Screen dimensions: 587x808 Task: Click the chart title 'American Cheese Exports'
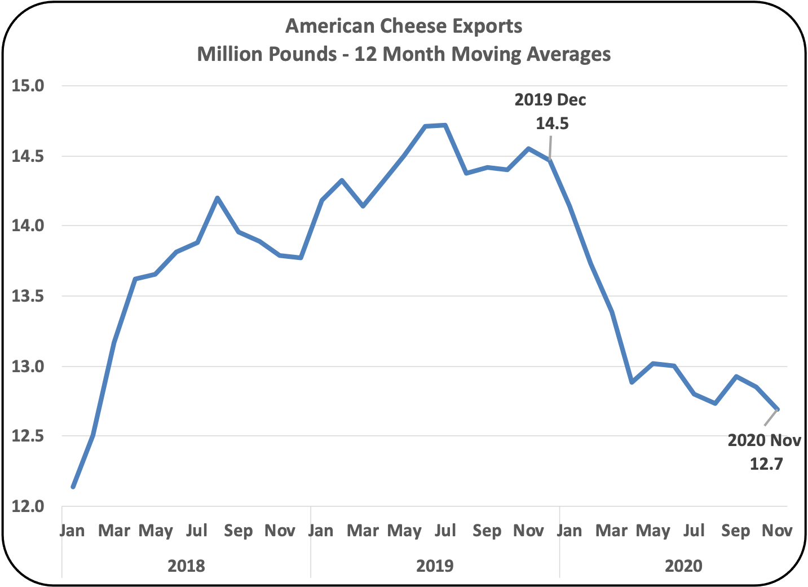click(x=404, y=26)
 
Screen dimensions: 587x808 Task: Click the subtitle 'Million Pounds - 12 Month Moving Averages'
click(x=404, y=54)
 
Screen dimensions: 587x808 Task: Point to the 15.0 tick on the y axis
click(x=28, y=86)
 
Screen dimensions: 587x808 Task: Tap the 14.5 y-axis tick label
click(x=28, y=156)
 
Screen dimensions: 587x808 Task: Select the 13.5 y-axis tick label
click(x=28, y=296)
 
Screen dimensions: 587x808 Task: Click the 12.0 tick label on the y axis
click(x=28, y=506)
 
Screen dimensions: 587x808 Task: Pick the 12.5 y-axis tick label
click(x=28, y=436)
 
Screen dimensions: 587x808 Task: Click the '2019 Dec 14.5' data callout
click(x=550, y=112)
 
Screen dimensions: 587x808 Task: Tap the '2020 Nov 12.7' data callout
click(x=765, y=452)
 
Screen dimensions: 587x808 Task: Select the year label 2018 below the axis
click(x=186, y=566)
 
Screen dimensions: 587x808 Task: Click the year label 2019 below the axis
click(x=435, y=566)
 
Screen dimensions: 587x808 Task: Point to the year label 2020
click(x=683, y=566)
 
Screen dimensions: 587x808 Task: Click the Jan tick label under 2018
click(x=72, y=531)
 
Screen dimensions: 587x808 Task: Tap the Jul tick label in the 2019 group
click(x=445, y=531)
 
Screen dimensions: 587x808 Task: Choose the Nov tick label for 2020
click(x=777, y=531)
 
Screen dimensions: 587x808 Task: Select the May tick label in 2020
click(x=653, y=531)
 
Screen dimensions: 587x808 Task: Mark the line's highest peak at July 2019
click(x=445, y=125)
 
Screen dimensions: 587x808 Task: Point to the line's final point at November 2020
click(x=778, y=409)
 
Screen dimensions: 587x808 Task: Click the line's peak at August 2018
click(x=218, y=198)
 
